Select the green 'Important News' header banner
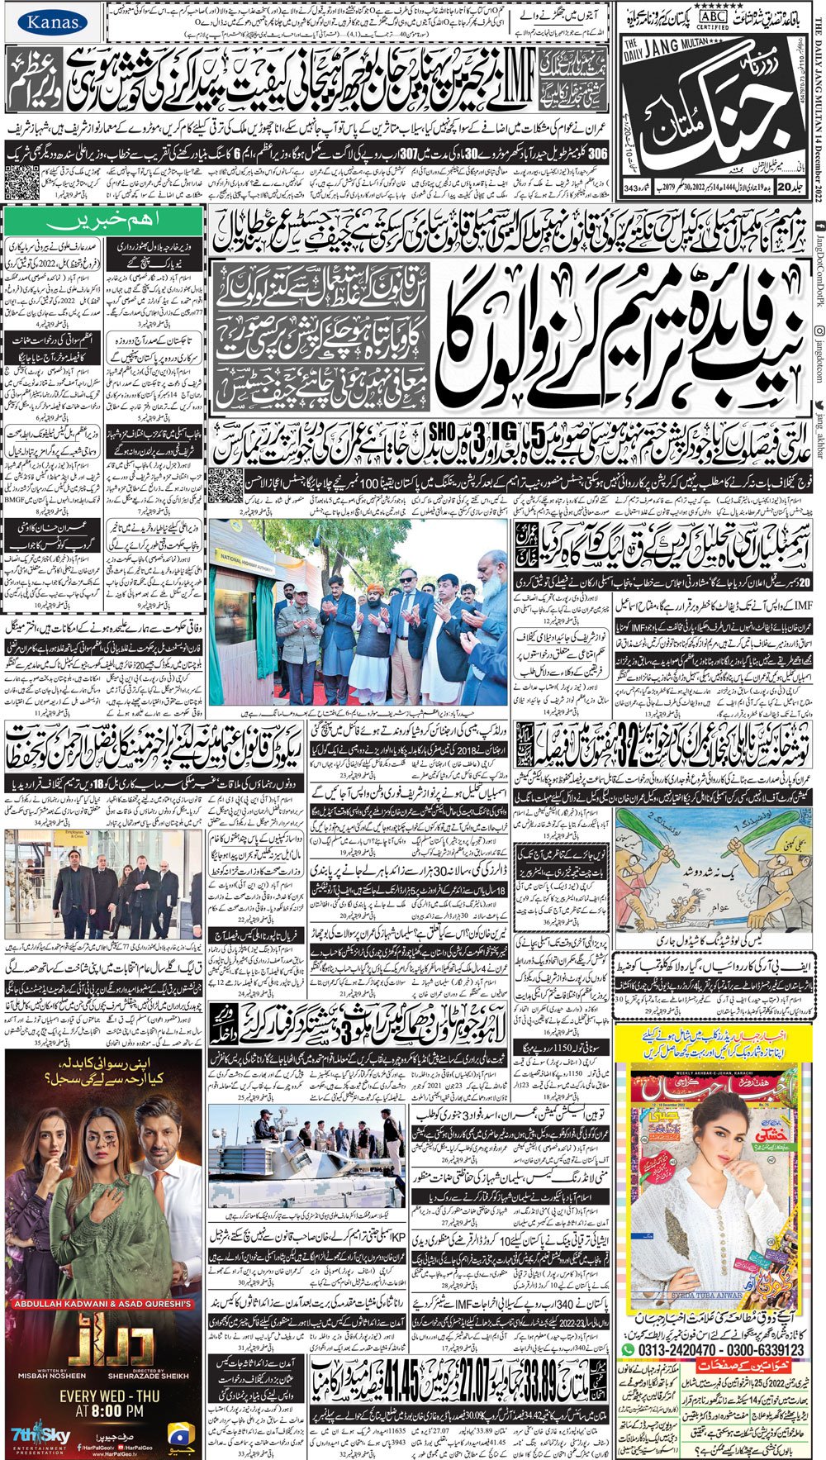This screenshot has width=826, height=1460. click(103, 221)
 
